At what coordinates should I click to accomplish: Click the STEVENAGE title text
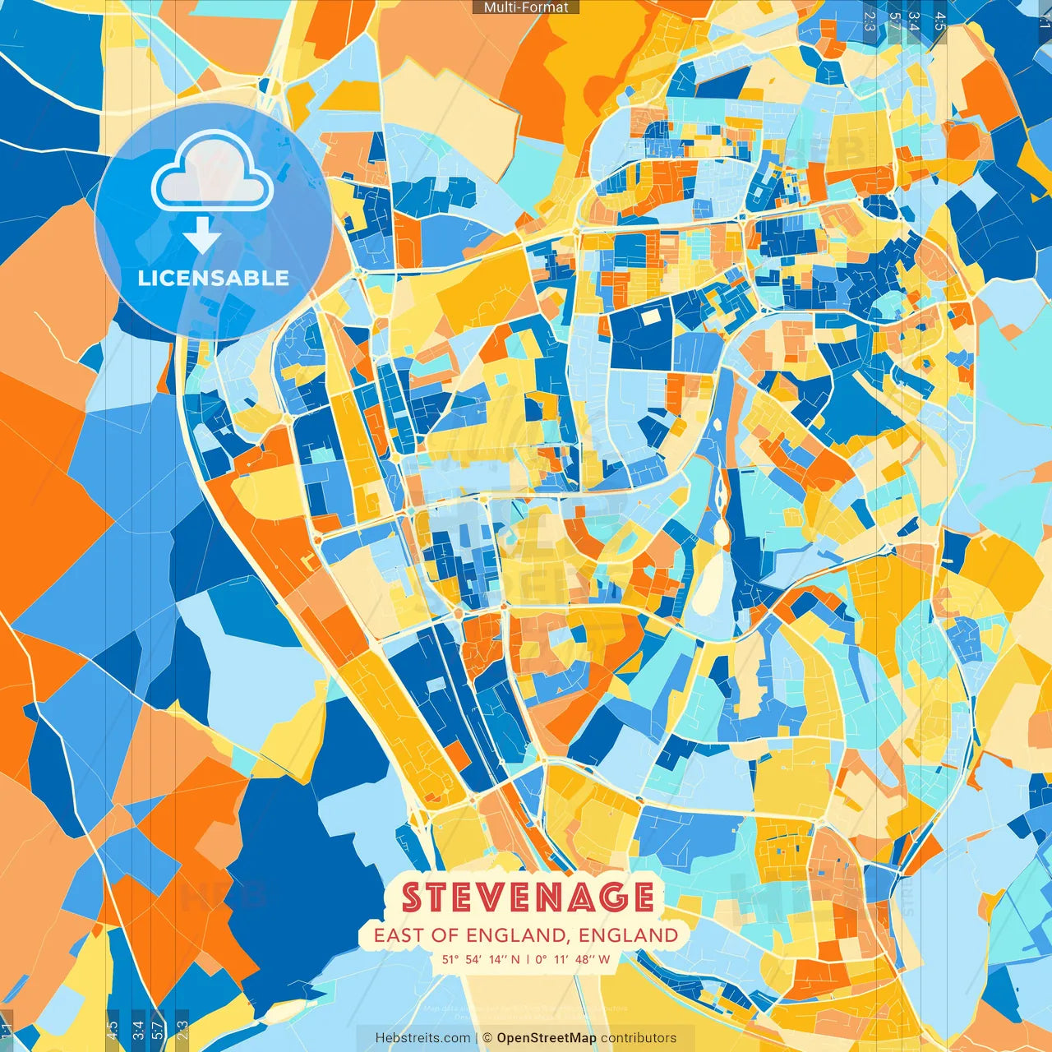coord(528,897)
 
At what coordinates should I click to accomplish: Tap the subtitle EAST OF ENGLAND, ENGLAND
coord(526,935)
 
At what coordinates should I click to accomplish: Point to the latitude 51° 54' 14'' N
coord(482,959)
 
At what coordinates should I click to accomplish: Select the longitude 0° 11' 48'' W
coord(573,959)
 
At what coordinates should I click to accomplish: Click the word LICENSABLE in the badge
coord(214,278)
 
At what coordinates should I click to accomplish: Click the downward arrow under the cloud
coord(202,237)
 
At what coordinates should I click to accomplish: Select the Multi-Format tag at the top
coord(526,7)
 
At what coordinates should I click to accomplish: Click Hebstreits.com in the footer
coord(422,1038)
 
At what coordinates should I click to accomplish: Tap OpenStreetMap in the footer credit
coord(547,1038)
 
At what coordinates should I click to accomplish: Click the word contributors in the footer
coord(639,1038)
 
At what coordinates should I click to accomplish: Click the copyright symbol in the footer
coord(487,1038)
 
